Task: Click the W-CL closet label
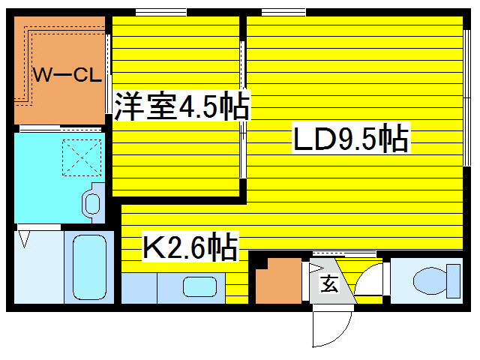[x=67, y=75]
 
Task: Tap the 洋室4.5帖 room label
[x=181, y=106]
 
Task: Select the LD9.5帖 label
[x=351, y=138]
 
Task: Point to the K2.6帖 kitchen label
[x=190, y=247]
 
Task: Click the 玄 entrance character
[x=329, y=283]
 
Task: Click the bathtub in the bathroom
[x=89, y=267]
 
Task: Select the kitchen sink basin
[x=200, y=286]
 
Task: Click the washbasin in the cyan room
[x=92, y=204]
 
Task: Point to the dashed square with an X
[x=82, y=157]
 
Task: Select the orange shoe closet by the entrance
[x=278, y=281]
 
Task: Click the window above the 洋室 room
[x=161, y=12]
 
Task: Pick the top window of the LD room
[x=283, y=12]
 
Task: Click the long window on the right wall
[x=466, y=98]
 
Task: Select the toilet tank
[x=454, y=281]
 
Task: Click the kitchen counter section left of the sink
[x=139, y=288]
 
